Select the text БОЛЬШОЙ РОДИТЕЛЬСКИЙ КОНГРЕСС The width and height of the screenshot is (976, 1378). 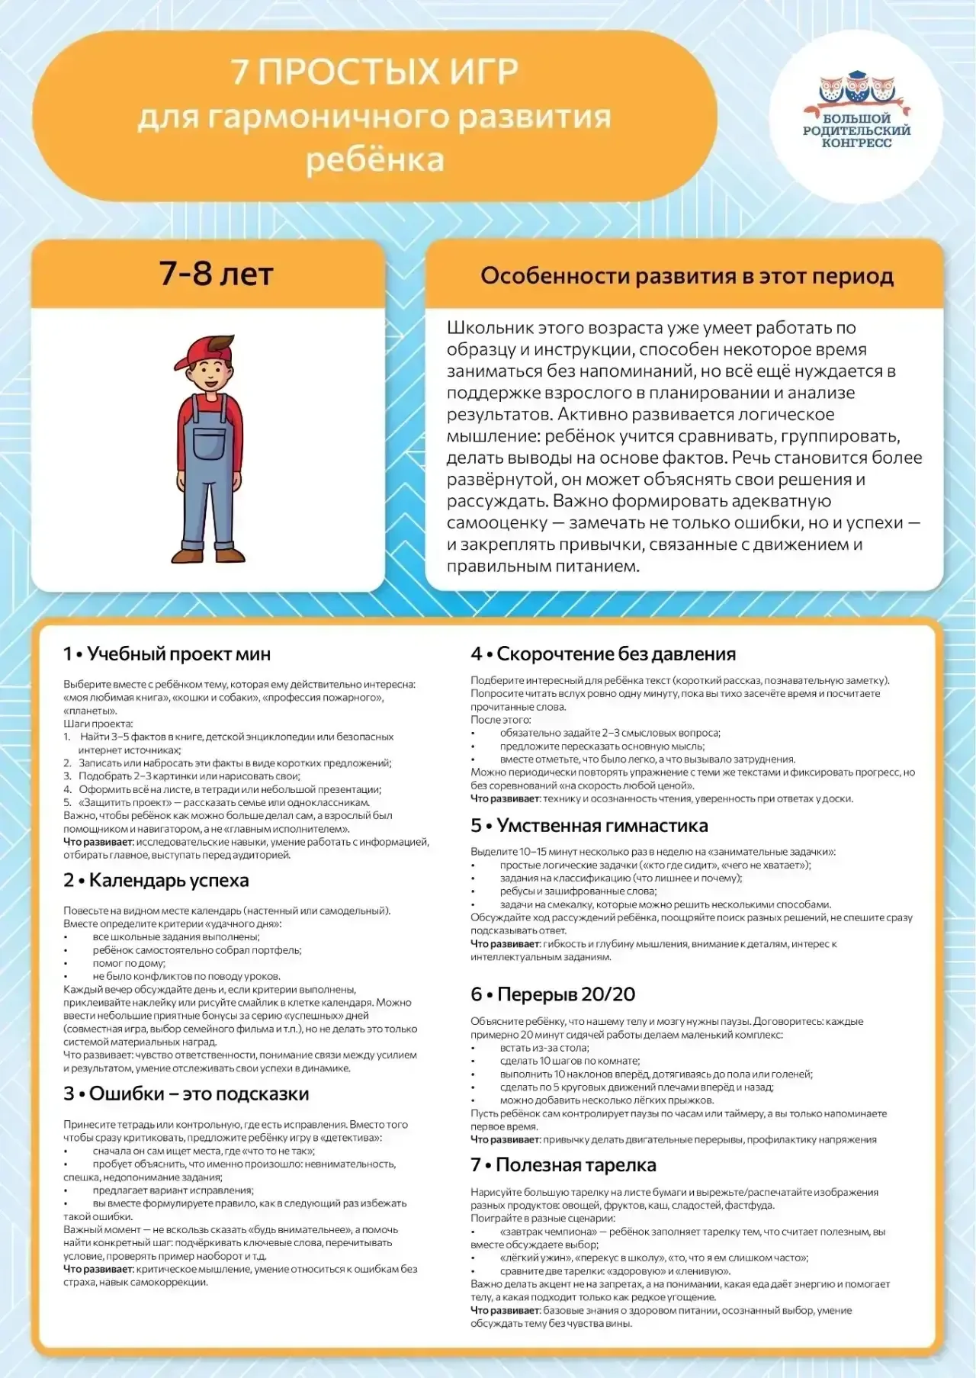pyautogui.click(x=856, y=130)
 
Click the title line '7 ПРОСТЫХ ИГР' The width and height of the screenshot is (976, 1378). pyautogui.click(x=374, y=72)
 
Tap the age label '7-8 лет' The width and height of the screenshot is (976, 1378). pyautogui.click(x=216, y=274)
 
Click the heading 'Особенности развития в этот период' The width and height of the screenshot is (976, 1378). pyautogui.click(x=686, y=275)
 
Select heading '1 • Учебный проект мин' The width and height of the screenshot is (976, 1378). pyautogui.click(x=167, y=654)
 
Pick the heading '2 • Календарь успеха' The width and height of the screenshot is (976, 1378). pyautogui.click(x=156, y=880)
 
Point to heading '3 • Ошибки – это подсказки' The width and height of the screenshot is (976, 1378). pyautogui.click(x=186, y=1094)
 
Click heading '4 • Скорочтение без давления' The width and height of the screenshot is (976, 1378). pyautogui.click(x=603, y=654)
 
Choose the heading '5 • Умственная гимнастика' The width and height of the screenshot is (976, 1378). pyautogui.click(x=589, y=825)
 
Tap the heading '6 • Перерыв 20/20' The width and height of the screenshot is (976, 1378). pyautogui.click(x=553, y=994)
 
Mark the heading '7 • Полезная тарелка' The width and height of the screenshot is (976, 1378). pyautogui.click(x=563, y=1165)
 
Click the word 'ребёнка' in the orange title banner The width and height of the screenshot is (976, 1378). pyautogui.click(x=374, y=161)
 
